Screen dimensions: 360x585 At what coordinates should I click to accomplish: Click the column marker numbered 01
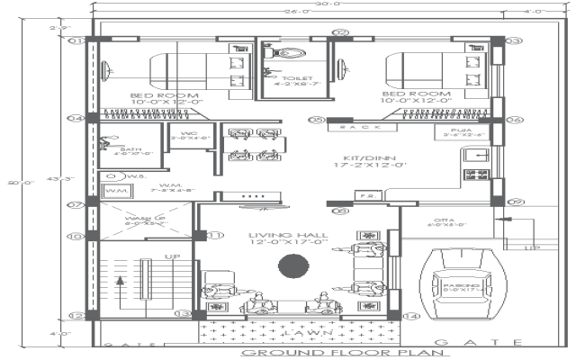[77, 40]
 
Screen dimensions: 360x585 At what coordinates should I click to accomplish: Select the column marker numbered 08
[338, 211]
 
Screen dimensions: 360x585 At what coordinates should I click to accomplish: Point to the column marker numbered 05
[316, 119]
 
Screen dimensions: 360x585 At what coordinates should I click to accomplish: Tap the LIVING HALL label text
[287, 238]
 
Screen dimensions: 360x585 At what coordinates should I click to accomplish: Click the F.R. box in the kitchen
[365, 194]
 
